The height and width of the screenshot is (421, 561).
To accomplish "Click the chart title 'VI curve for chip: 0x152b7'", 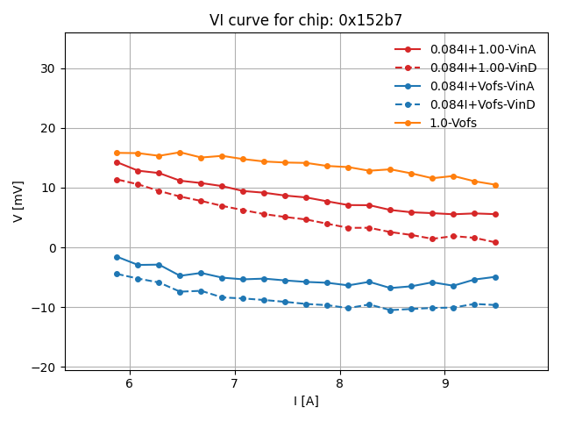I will tap(306, 20).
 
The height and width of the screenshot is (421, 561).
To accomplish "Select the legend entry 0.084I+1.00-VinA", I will tap(483, 49).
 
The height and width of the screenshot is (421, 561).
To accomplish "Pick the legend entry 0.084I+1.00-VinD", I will tap(483, 68).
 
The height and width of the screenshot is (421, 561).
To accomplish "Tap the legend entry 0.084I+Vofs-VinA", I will tap(481, 86).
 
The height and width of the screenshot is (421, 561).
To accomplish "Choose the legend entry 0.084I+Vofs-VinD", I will tap(481, 104).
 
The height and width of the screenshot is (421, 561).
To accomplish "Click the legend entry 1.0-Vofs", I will tap(453, 123).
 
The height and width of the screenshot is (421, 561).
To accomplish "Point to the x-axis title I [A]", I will tap(306, 401).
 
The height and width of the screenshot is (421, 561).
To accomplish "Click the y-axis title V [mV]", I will tap(18, 202).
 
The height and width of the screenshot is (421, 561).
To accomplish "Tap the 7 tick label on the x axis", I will tap(235, 383).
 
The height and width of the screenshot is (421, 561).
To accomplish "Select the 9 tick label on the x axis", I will tap(445, 383).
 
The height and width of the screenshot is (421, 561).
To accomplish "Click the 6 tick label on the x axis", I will tap(130, 383).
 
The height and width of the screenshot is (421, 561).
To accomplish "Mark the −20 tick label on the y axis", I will tap(44, 367).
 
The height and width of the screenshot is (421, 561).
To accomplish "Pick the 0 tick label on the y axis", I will tap(52, 247).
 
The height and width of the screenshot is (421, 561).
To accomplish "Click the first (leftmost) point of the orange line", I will tap(117, 153).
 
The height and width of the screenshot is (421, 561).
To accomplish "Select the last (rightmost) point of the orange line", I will tap(495, 185).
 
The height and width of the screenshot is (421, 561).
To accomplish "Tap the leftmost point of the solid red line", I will tap(117, 162).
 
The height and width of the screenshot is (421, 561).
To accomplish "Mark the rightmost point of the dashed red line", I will tap(495, 242).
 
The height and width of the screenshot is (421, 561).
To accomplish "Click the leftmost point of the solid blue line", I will tap(117, 257).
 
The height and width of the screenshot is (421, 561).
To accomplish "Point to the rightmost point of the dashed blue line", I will tap(495, 305).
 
